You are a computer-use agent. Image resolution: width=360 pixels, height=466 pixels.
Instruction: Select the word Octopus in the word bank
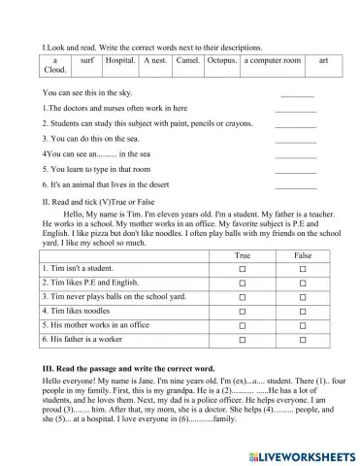221,60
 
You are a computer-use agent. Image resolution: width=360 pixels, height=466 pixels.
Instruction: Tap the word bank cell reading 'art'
323,60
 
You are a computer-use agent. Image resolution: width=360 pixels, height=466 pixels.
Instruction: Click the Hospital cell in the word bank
119,60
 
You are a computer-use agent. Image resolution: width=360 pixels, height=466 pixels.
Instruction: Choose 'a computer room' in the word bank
273,60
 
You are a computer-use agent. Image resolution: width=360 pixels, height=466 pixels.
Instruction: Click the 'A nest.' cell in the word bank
154,60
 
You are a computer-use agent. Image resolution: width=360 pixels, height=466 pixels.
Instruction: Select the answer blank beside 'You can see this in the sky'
297,94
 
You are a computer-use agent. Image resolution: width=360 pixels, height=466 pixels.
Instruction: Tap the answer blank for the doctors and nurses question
295,110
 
